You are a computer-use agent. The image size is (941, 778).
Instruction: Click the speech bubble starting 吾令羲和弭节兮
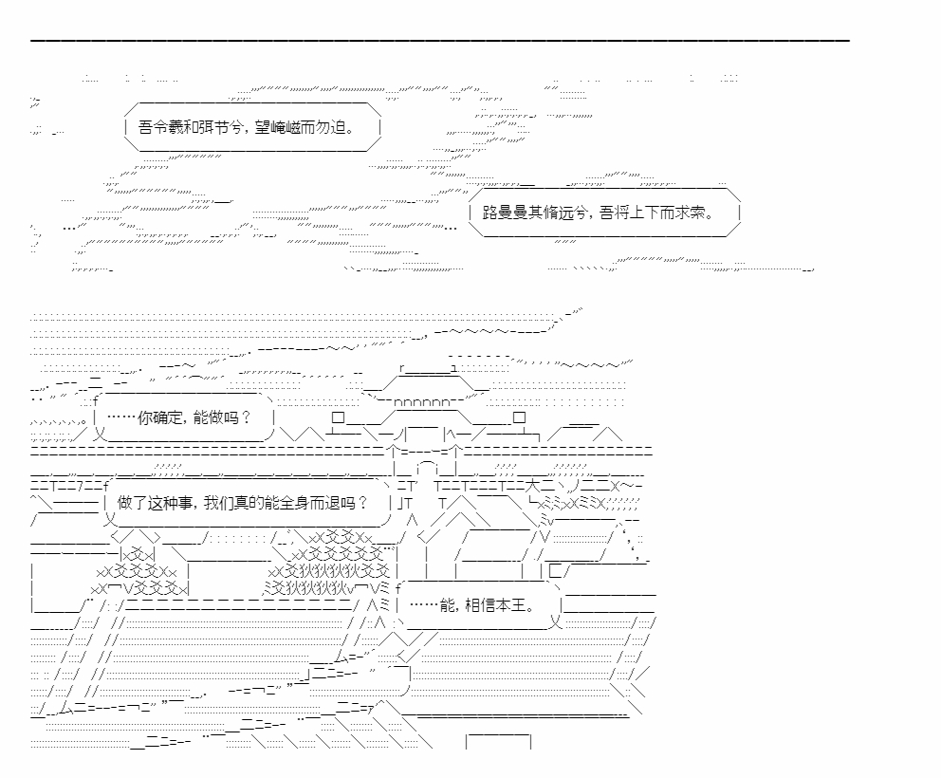point(252,127)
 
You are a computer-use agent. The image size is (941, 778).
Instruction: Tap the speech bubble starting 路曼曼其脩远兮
point(604,212)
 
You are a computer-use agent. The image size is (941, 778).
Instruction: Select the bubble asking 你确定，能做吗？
point(184,417)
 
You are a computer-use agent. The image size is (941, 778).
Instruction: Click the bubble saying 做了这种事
point(248,503)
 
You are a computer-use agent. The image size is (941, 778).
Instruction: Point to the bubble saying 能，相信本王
point(478,605)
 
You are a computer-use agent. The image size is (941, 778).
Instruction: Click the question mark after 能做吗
point(245,417)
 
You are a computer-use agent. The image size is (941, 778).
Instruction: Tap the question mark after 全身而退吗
point(362,503)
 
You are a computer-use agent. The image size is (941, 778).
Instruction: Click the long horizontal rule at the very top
point(440,41)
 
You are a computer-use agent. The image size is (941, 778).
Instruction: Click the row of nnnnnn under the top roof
point(422,402)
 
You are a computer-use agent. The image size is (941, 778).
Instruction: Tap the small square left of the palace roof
point(338,417)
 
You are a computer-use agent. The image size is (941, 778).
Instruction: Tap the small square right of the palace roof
point(519,417)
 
